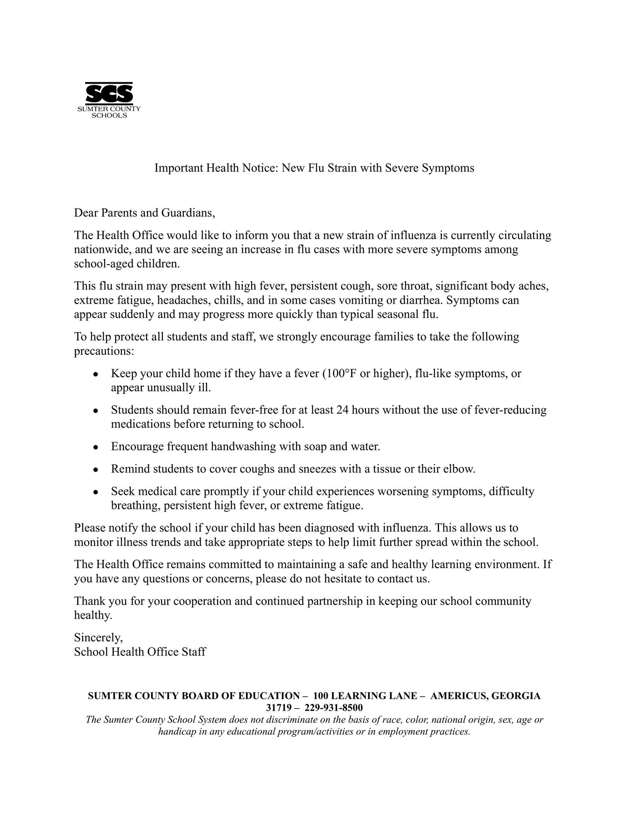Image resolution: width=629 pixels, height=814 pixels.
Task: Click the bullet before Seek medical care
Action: pyautogui.click(x=96, y=492)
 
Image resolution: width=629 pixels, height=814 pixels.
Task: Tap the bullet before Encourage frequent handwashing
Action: pyautogui.click(x=96, y=447)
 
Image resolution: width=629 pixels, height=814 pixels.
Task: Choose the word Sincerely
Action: pyautogui.click(x=98, y=637)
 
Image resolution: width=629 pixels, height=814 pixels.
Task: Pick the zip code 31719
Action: pyautogui.click(x=279, y=707)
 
